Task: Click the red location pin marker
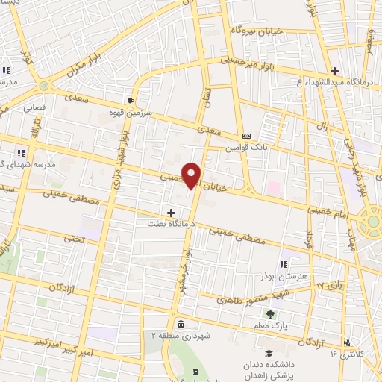192,175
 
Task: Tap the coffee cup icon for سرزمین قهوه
131,100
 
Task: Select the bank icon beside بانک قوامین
246,135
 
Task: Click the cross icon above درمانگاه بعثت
172,213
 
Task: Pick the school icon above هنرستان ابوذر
284,264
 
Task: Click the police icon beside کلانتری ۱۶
345,342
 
